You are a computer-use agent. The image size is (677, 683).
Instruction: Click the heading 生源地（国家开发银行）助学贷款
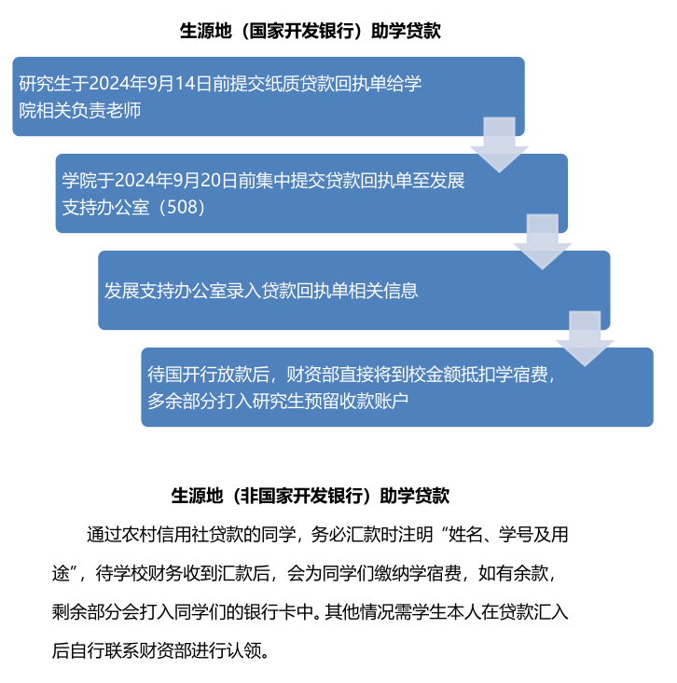click(310, 31)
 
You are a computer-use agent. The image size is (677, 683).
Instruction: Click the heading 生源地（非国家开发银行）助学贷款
click(310, 496)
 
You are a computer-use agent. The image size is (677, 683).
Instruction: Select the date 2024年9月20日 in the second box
click(176, 180)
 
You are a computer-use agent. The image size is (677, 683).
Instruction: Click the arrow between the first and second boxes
click(499, 144)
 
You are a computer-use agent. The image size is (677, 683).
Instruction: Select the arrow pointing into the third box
click(543, 241)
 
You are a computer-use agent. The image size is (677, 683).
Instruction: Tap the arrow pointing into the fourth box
click(585, 338)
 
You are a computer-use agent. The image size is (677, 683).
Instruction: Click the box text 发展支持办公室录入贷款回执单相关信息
click(261, 291)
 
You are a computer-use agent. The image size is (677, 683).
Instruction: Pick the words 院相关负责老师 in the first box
click(80, 110)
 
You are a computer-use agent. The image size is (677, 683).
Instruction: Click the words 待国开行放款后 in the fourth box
click(208, 375)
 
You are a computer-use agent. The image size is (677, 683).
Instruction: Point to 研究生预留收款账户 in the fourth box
click(330, 401)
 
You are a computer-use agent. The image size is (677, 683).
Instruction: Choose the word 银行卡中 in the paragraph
click(279, 612)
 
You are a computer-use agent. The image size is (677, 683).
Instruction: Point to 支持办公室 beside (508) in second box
click(105, 207)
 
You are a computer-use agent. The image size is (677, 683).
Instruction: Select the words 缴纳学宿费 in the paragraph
click(418, 573)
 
